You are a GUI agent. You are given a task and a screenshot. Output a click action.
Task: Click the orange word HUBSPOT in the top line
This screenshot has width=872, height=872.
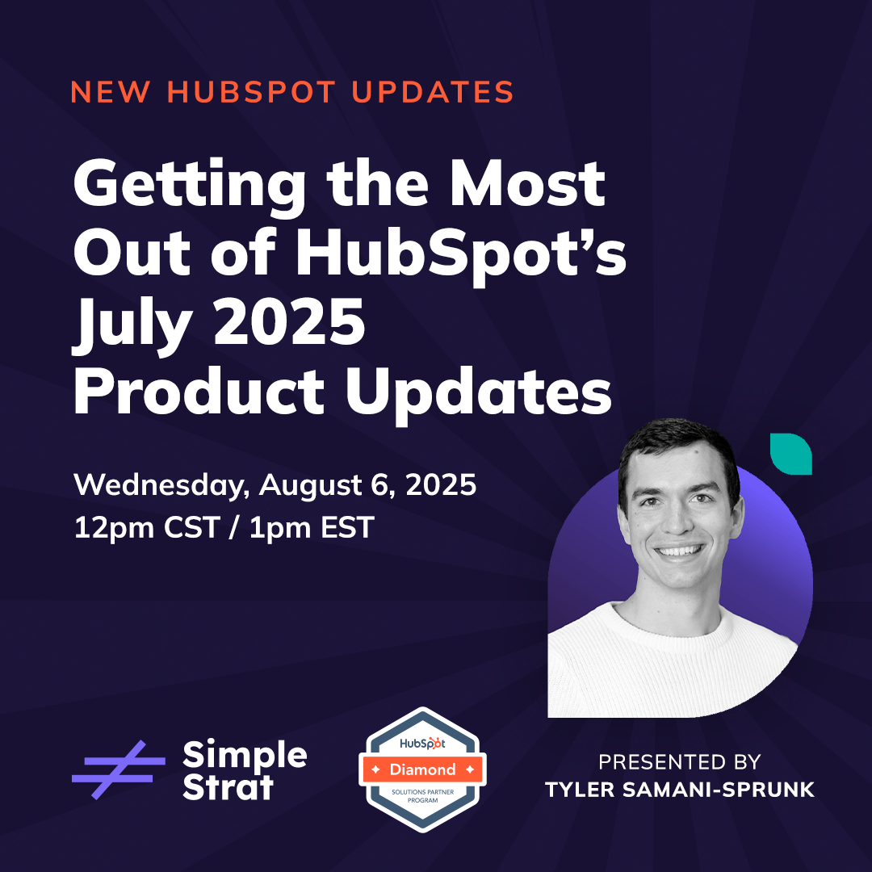pos(251,92)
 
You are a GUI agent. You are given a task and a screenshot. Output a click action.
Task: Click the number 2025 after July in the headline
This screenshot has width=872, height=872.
pos(289,322)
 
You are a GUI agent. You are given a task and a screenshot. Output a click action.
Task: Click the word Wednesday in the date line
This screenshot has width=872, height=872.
pos(158,485)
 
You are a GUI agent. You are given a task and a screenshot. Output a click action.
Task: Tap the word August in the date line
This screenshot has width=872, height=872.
pos(310,485)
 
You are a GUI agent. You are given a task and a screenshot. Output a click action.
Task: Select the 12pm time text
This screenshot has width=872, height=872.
pos(114,528)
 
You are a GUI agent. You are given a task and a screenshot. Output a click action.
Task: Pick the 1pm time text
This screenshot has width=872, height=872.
pos(279,528)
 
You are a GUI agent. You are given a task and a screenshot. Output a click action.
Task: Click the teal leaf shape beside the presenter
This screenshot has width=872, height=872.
pos(790,454)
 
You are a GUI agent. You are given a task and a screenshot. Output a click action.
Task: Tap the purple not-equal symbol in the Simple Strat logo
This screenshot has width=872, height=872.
pos(119,769)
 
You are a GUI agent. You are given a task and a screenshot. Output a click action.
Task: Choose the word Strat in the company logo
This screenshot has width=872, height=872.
pos(228,787)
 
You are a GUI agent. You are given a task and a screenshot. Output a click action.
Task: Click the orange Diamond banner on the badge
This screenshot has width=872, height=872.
pos(422,769)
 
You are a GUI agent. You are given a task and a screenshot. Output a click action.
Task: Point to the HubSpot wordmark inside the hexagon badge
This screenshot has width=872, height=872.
pos(422,743)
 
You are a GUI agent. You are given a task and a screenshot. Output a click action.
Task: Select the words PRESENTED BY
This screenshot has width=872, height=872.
pos(680,762)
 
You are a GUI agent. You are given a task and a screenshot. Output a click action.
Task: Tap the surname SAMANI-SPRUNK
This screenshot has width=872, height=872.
pos(718,790)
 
